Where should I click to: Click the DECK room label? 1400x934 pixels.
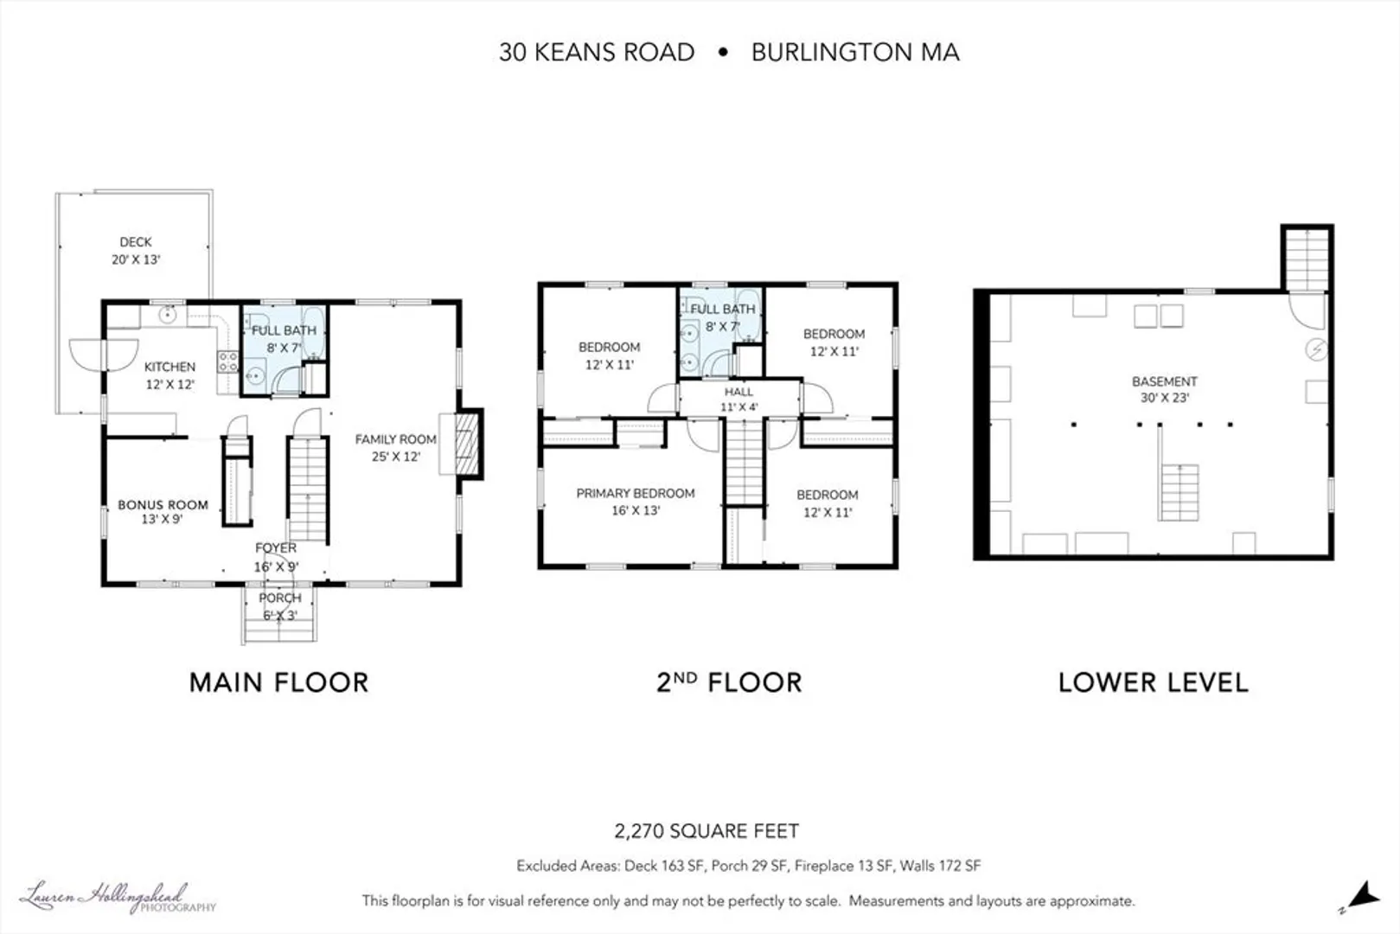(136, 242)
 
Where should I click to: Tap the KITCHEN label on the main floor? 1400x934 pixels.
(169, 367)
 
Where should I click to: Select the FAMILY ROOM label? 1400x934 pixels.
(396, 439)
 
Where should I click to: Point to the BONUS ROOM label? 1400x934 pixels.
(163, 504)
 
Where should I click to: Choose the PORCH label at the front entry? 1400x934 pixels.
(280, 598)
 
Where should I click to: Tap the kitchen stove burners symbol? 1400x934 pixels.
(227, 361)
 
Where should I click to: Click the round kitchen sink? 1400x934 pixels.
(168, 315)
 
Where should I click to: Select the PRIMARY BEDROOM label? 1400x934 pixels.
(636, 493)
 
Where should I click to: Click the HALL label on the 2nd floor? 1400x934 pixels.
(738, 392)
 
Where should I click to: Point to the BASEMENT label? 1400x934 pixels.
(1165, 381)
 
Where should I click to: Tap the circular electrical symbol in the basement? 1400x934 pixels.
(1316, 349)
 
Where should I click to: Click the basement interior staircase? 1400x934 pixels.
(1179, 493)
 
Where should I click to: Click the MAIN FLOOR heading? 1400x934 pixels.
(278, 682)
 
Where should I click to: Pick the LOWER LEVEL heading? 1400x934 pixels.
(1154, 682)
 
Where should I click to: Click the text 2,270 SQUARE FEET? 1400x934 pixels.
(706, 831)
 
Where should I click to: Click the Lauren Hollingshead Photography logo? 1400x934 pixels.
(118, 898)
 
